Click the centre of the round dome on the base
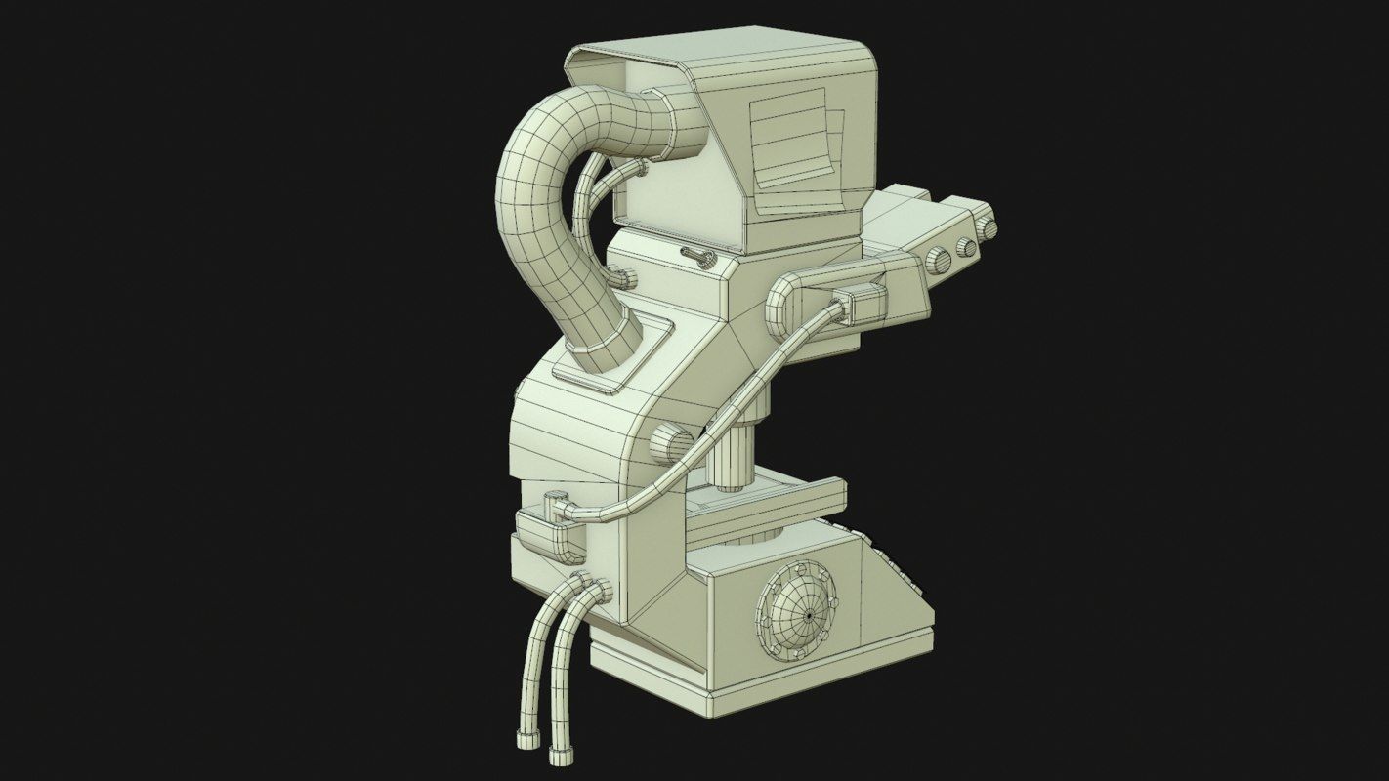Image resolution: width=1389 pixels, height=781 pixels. pyautogui.click(x=810, y=616)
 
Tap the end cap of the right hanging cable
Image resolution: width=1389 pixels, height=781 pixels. pyautogui.click(x=561, y=754)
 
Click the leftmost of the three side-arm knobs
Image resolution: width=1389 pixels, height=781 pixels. pyautogui.click(x=939, y=261)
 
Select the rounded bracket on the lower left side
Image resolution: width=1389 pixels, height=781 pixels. pyautogui.click(x=547, y=532)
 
